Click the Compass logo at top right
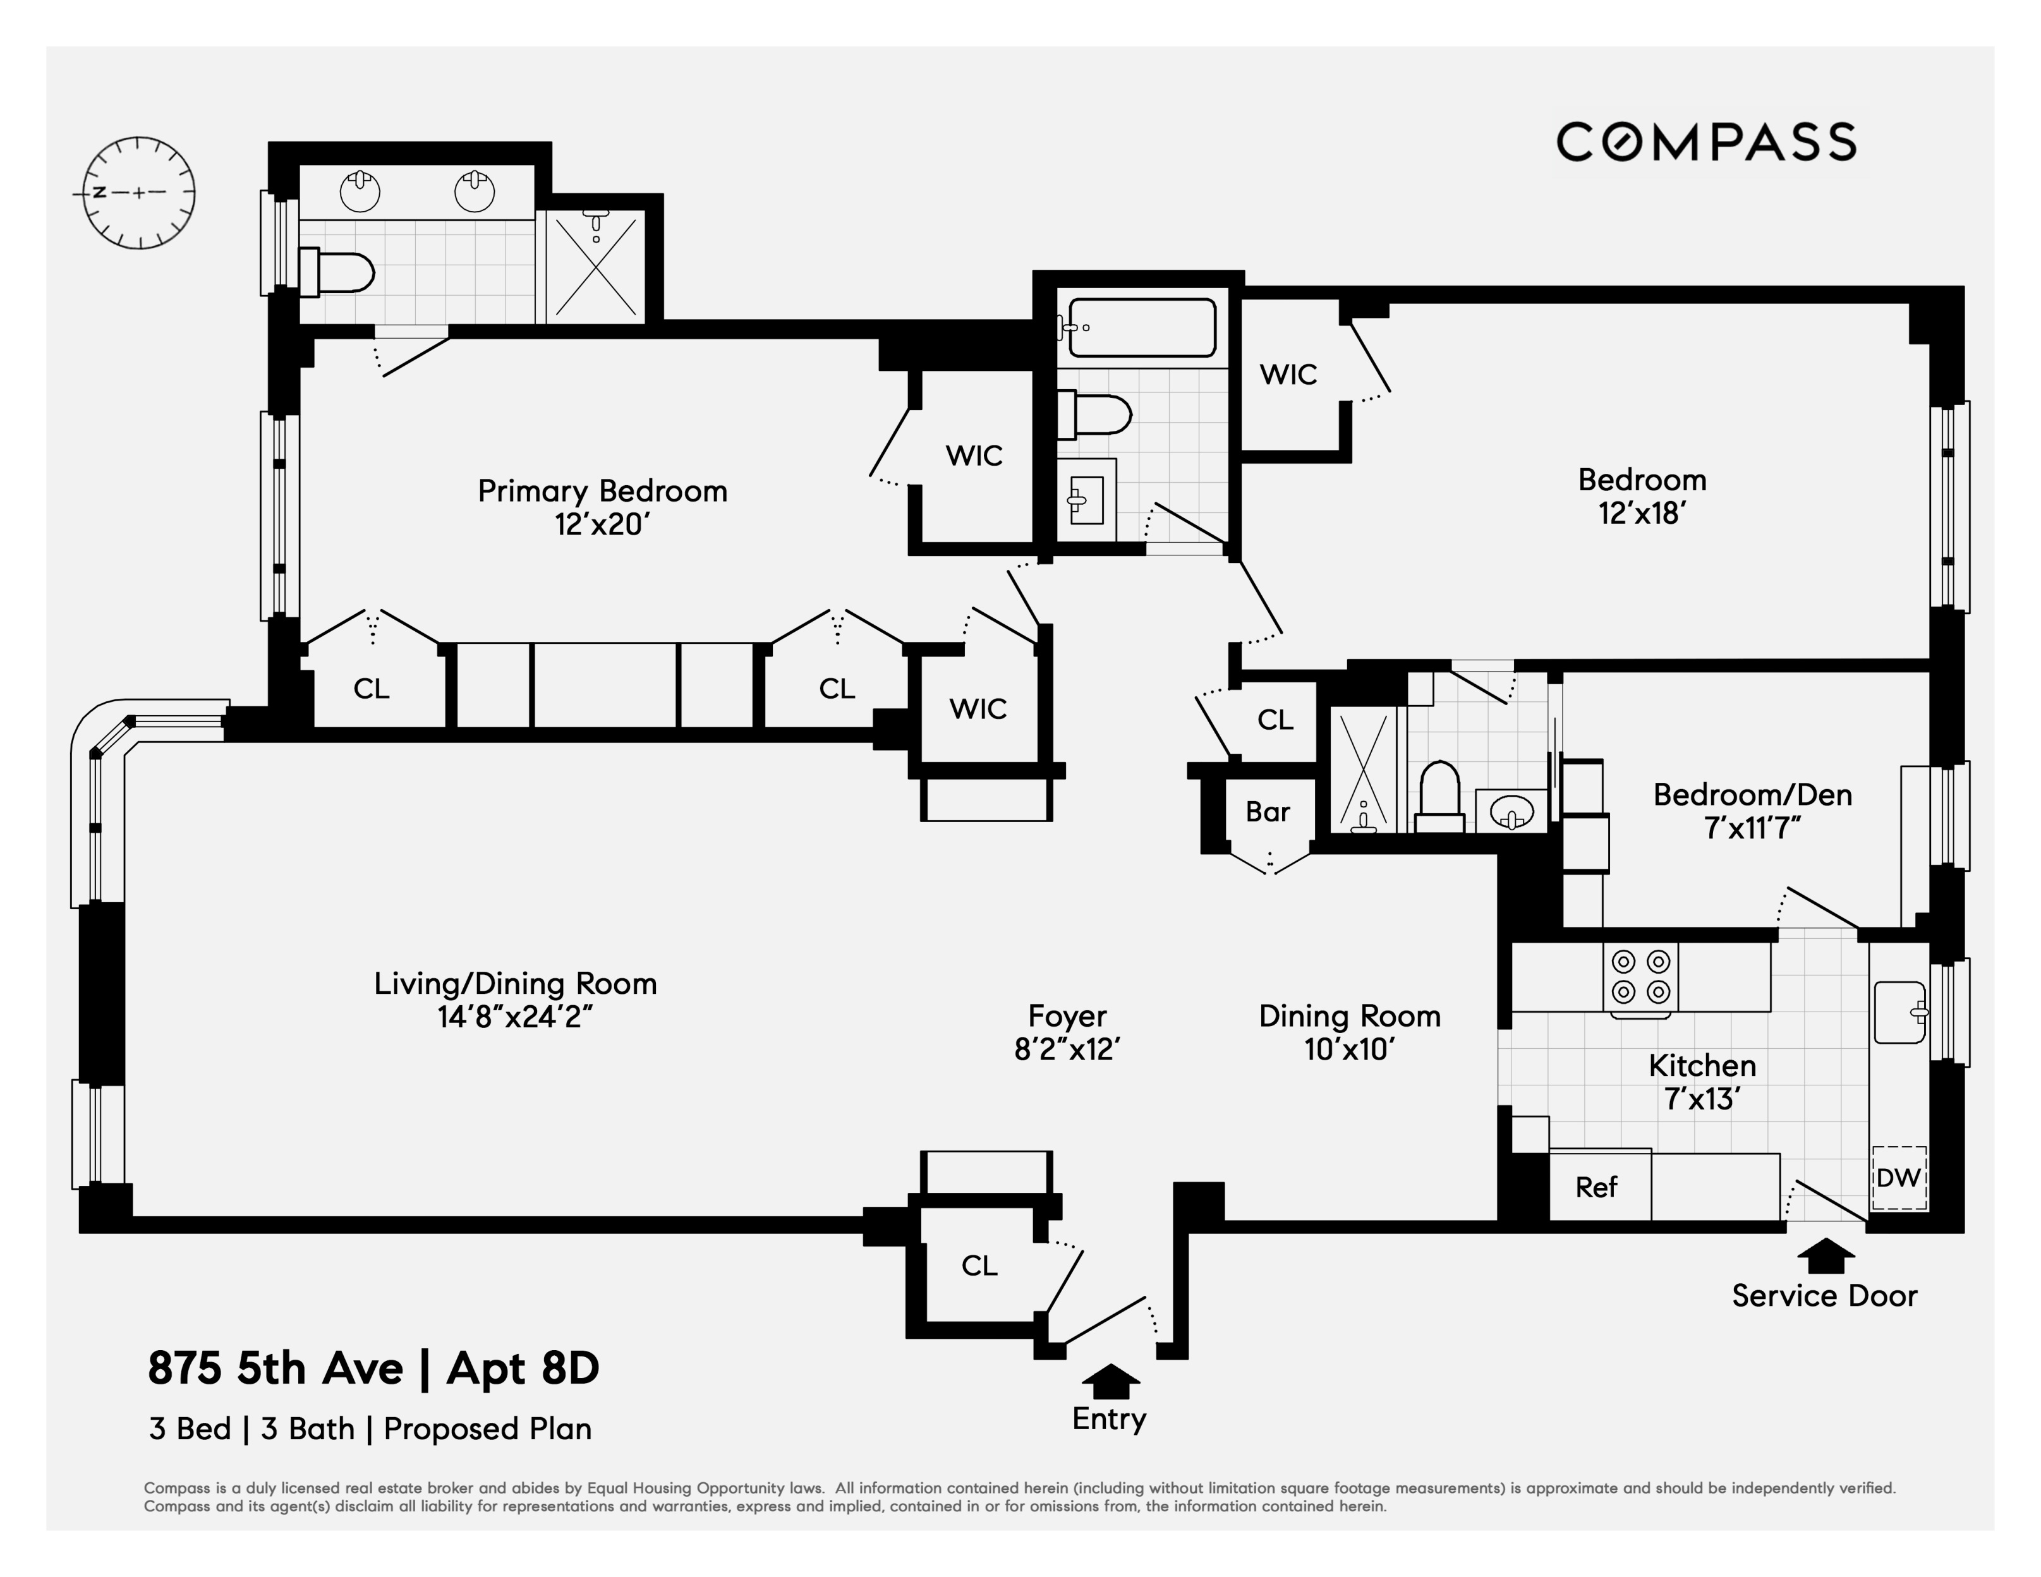pyautogui.click(x=1705, y=143)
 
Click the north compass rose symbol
pyautogui.click(x=139, y=193)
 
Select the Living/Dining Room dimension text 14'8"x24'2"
pyautogui.click(x=515, y=1017)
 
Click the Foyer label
pyautogui.click(x=1067, y=1015)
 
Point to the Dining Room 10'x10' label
pyautogui.click(x=1350, y=1032)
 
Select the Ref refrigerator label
pyautogui.click(x=1596, y=1187)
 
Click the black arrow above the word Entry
pyautogui.click(x=1110, y=1380)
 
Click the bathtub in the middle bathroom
pyautogui.click(x=1142, y=328)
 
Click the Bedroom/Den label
pyautogui.click(x=1752, y=795)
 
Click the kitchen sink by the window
pyautogui.click(x=1899, y=1012)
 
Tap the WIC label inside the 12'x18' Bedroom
pyautogui.click(x=1288, y=375)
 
